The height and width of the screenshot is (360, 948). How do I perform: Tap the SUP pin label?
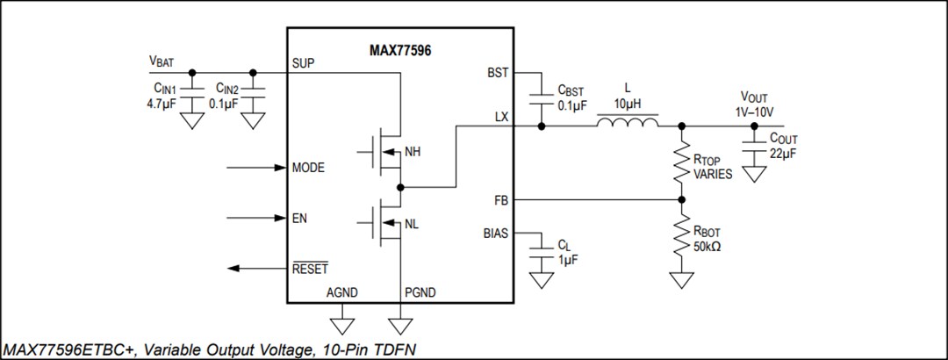pyautogui.click(x=304, y=64)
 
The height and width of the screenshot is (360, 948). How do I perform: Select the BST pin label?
pyautogui.click(x=497, y=72)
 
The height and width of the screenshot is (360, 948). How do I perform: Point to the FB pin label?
pyautogui.click(x=500, y=201)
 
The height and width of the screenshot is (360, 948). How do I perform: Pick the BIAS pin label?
pyautogui.click(x=494, y=234)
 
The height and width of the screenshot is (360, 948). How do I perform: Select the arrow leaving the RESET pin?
pyautogui.click(x=255, y=268)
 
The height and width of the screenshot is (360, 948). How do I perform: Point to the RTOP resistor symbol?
pyautogui.click(x=680, y=162)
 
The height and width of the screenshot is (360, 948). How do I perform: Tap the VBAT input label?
pyautogui.click(x=162, y=62)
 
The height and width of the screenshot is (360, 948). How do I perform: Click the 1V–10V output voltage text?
pyautogui.click(x=754, y=112)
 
